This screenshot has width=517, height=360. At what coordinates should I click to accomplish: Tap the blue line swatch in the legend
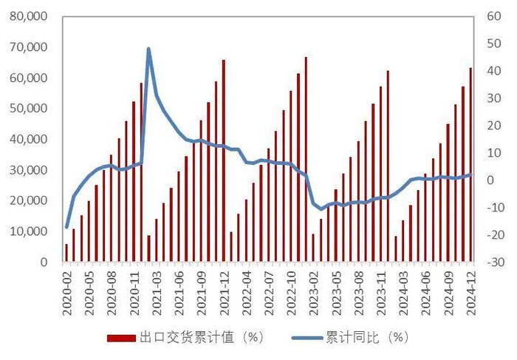pos(305,338)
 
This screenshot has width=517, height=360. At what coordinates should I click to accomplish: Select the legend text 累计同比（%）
pos(366,338)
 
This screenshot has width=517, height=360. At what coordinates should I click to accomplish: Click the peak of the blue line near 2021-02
pos(148,49)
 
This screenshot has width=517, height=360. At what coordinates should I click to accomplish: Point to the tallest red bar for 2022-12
pos(305,159)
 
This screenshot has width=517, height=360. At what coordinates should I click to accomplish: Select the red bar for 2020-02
pos(66,253)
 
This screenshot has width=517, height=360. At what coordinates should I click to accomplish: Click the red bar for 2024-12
pos(470,165)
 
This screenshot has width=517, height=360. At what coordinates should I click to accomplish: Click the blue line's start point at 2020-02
pos(66,227)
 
